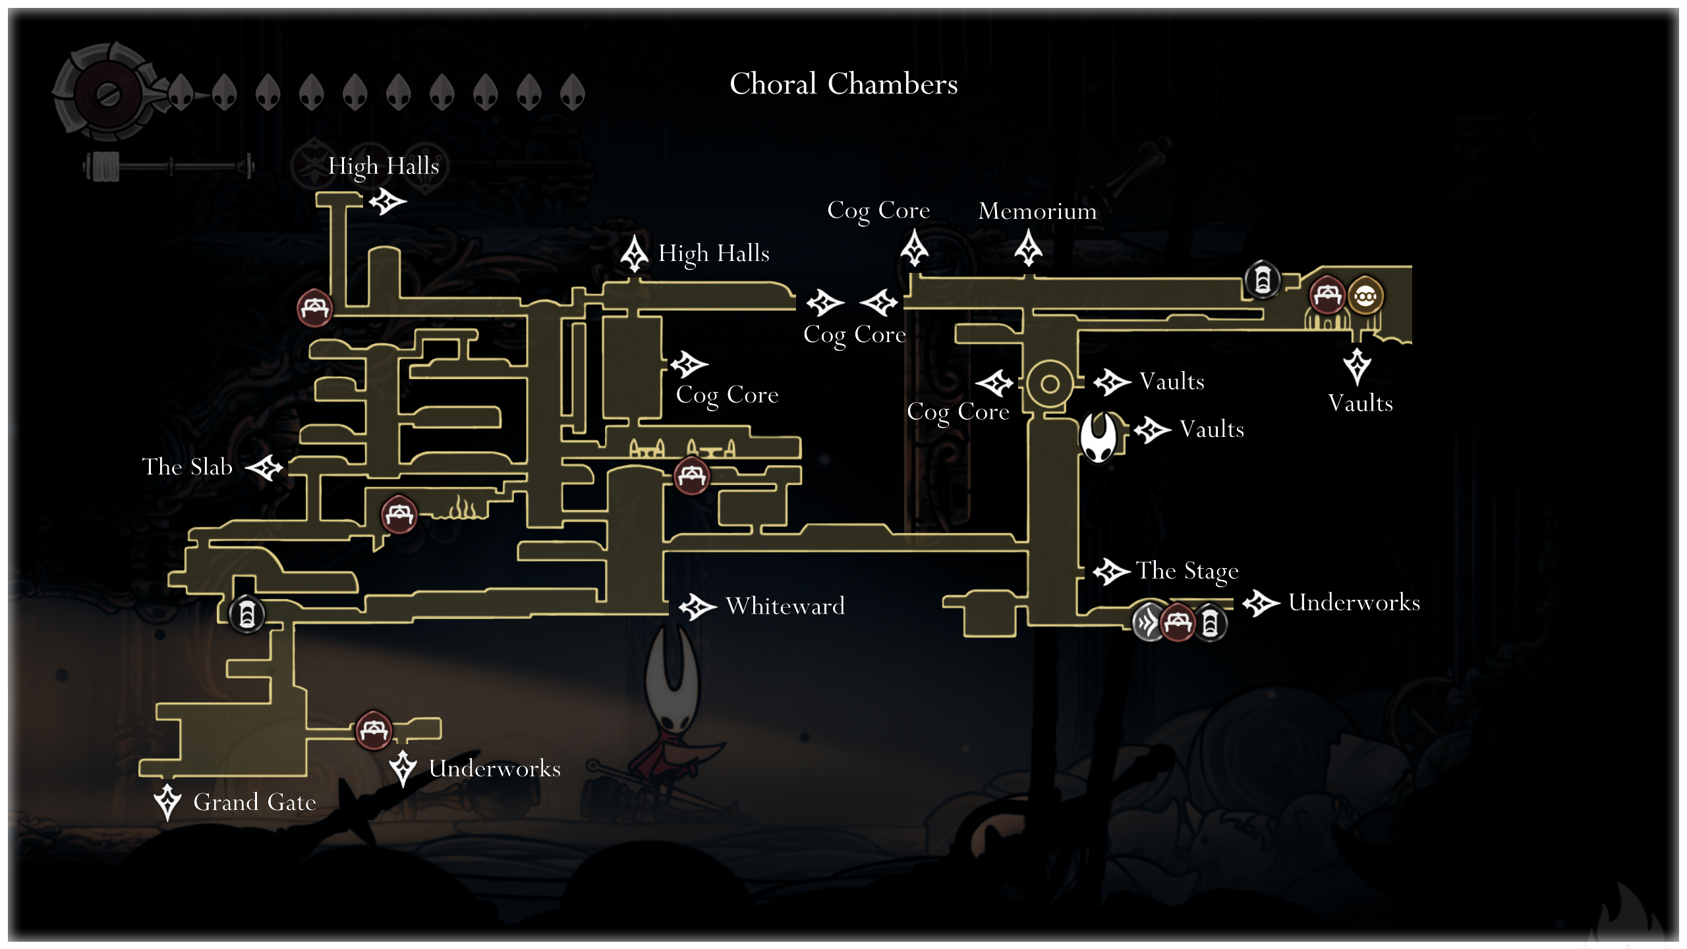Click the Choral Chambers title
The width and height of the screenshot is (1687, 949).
click(x=843, y=84)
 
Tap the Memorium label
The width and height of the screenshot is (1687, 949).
click(x=1037, y=211)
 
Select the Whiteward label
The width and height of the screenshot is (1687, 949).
click(x=785, y=606)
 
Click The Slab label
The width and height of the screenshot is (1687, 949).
click(x=187, y=467)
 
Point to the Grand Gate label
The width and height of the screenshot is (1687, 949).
click(x=254, y=802)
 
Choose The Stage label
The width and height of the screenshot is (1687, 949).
click(x=1187, y=571)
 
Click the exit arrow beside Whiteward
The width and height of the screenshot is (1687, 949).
click(x=697, y=606)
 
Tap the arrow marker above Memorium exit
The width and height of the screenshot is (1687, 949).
click(x=1028, y=248)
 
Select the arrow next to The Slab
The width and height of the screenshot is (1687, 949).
click(x=265, y=467)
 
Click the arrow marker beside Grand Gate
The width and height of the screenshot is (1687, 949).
click(x=167, y=801)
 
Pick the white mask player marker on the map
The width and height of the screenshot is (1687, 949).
click(x=1099, y=437)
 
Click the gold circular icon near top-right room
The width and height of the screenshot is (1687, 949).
click(x=1365, y=297)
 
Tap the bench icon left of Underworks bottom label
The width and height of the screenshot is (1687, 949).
click(x=374, y=730)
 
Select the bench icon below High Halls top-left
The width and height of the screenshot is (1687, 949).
click(x=315, y=307)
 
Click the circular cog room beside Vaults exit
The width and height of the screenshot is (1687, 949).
click(x=1050, y=384)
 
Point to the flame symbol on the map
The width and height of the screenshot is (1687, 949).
click(x=463, y=509)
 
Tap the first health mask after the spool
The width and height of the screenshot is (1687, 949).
click(x=181, y=92)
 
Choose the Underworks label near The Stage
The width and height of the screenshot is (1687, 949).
click(x=1354, y=602)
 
